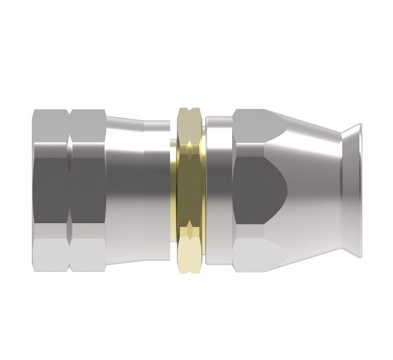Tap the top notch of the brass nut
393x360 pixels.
189,114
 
